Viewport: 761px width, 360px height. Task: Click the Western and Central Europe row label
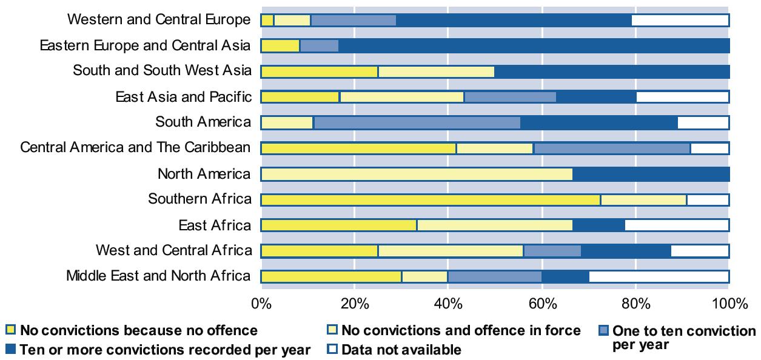point(158,19)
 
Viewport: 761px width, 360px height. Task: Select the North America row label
point(204,174)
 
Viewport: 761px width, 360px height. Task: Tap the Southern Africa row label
point(199,199)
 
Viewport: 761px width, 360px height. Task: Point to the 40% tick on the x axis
point(448,303)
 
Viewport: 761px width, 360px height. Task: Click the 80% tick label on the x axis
point(635,303)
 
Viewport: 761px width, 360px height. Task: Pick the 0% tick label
point(261,303)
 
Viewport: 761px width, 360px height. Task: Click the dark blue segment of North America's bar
point(650,174)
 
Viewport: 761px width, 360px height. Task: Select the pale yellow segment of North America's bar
point(417,174)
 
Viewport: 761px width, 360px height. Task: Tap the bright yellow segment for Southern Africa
point(431,200)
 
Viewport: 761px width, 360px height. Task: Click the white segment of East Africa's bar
point(677,225)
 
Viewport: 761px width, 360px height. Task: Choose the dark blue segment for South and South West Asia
point(611,71)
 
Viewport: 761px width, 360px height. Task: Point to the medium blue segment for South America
point(417,122)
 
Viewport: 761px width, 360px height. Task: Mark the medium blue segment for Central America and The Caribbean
point(611,148)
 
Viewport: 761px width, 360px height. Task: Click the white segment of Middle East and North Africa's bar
point(659,277)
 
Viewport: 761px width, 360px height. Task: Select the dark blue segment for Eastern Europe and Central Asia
point(534,45)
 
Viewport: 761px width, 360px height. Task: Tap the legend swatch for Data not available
point(332,350)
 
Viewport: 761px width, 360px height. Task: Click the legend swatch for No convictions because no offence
point(10,330)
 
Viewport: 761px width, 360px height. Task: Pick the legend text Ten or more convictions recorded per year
point(165,350)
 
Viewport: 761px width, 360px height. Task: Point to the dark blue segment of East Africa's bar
point(598,225)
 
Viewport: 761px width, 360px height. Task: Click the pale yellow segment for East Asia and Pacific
point(401,97)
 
